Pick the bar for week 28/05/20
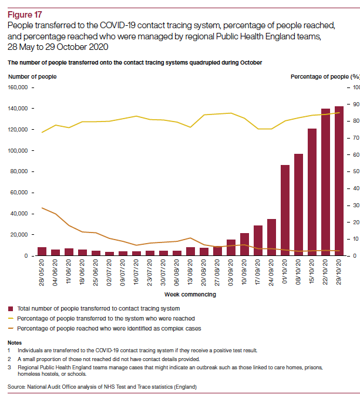point(42,251)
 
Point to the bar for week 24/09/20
point(271,237)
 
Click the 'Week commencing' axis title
point(190,294)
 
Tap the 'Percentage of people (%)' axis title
point(325,76)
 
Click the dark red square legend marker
point(11,308)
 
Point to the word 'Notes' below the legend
point(15,342)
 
